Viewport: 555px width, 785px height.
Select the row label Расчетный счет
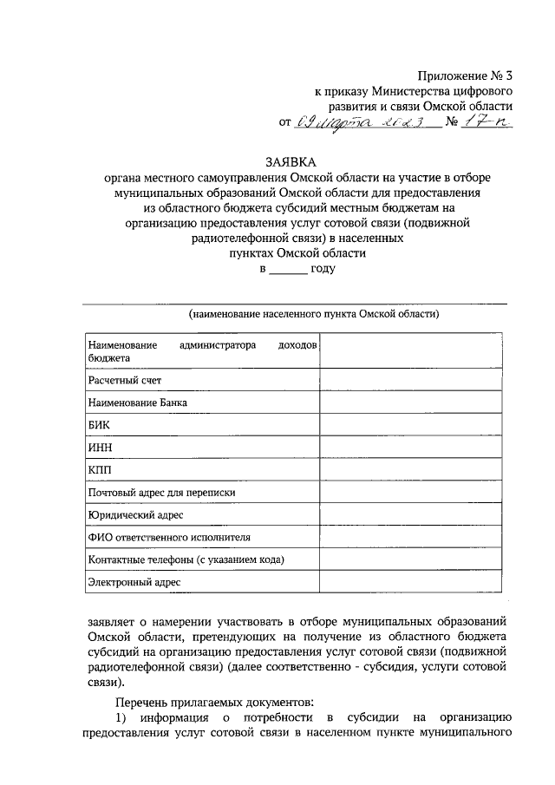pos(124,380)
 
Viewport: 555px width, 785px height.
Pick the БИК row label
pos(99,425)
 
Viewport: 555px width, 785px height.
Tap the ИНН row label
pos(101,448)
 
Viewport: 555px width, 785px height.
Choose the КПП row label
pos(100,470)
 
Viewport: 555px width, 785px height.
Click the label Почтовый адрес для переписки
pos(161,493)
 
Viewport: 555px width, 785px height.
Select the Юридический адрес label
pos(135,515)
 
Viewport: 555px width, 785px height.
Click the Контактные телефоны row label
pos(186,560)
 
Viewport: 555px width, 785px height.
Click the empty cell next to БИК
pos(410,425)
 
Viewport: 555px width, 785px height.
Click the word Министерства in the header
pos(408,90)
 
